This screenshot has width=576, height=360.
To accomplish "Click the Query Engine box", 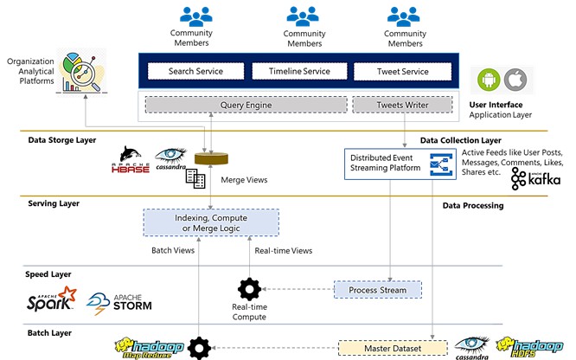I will [x=246, y=106].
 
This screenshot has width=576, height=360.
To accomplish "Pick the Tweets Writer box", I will [x=402, y=106].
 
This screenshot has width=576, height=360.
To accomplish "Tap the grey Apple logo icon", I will [x=515, y=80].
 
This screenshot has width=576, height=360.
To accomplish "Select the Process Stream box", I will [x=376, y=290].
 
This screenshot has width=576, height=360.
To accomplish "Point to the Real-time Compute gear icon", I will [x=249, y=289].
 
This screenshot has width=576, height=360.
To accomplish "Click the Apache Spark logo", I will [x=53, y=300].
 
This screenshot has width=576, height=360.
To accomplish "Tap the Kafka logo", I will [x=535, y=178].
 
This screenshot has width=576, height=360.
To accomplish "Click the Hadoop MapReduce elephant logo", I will [x=146, y=348].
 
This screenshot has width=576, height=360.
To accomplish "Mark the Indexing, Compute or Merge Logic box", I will [x=211, y=221].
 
